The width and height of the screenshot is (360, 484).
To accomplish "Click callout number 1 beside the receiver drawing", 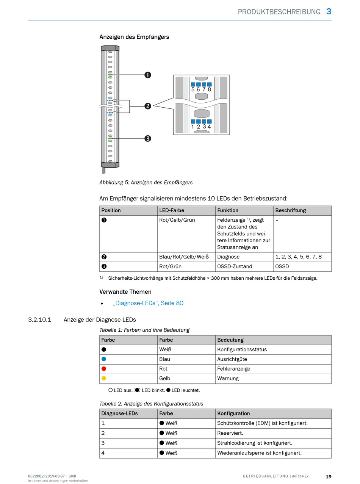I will (148, 75).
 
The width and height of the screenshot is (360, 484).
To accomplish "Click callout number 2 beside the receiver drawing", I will (148, 106).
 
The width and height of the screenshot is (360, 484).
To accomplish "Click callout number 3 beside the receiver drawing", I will (148, 138).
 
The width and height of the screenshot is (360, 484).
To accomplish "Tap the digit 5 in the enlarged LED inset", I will (193, 89).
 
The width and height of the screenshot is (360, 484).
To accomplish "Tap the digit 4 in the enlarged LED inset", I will (209, 127).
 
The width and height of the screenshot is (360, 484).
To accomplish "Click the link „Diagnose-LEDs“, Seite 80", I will (148, 303).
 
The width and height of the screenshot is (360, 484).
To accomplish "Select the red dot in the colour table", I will (104, 368).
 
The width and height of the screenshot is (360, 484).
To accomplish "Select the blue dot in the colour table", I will (104, 359).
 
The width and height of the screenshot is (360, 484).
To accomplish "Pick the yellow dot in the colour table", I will (104, 378).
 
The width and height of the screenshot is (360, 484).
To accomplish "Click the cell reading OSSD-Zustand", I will (235, 266).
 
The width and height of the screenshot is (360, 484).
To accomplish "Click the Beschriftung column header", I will (290, 210).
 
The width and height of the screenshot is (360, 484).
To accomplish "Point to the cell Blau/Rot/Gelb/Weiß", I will (184, 257).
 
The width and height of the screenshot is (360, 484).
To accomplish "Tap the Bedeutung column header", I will (230, 340).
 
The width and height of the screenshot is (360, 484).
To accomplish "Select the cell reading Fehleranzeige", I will (233, 368).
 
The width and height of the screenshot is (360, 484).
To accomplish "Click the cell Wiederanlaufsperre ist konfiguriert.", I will (259, 453).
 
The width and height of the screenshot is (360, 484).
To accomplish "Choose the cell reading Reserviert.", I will (230, 433).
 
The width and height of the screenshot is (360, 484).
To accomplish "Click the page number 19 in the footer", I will (329, 476).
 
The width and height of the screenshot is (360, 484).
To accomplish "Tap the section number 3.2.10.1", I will (39, 320).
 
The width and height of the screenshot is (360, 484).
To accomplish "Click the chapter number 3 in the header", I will (329, 11).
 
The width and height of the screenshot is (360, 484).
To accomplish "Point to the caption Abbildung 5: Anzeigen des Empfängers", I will (146, 182).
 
